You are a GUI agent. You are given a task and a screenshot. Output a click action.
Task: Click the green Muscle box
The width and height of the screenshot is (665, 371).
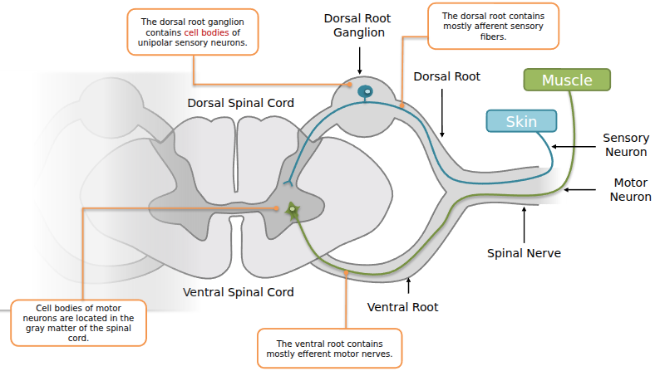pos(567,80)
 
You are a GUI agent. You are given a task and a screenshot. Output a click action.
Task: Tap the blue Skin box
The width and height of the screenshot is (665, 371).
pos(521,121)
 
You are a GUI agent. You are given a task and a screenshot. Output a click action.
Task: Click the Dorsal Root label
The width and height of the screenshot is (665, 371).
pos(446,76)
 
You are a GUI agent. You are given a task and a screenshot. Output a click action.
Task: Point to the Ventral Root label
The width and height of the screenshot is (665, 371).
pos(402,307)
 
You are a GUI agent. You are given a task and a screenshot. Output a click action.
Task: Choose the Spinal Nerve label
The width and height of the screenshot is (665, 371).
pos(524,253)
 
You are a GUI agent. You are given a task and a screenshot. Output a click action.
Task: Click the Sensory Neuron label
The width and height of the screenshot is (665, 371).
pos(625,145)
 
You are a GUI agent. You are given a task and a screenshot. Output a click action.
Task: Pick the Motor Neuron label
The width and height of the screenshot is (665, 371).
pos(630,189)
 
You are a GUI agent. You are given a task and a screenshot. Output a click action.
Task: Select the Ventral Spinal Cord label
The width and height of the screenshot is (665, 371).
pos(238,292)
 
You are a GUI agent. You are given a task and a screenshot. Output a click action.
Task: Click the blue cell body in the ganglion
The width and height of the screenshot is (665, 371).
pos(364,92)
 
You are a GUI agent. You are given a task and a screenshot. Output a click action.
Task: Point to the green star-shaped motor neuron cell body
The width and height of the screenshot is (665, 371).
pos(293,211)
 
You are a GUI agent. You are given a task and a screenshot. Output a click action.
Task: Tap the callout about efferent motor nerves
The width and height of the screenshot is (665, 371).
pos(329,349)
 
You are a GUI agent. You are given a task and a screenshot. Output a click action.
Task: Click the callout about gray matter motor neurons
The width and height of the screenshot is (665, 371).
pos(79,323)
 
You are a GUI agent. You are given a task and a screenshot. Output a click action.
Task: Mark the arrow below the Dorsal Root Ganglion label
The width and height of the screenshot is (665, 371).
pos(359,61)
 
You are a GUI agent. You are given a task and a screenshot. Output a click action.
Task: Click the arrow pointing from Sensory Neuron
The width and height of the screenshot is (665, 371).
pos(575,146)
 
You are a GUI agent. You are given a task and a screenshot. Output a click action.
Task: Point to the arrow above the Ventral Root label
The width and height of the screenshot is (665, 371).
pos(408,286)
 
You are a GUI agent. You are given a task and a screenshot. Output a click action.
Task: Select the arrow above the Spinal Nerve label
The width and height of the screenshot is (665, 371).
pos(524,221)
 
